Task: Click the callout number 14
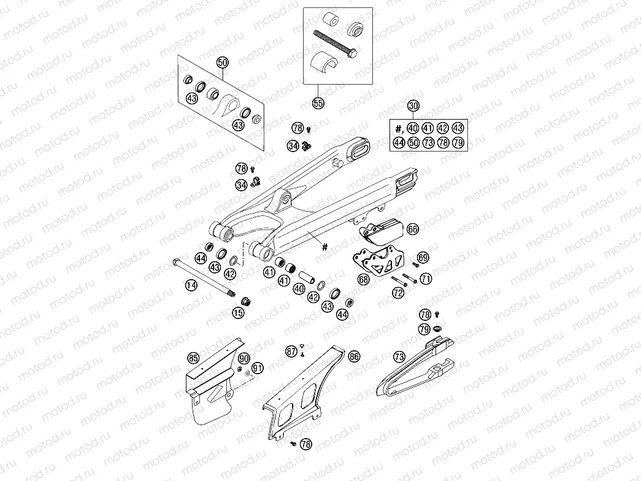click(192, 285)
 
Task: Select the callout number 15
click(238, 313)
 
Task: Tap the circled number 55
click(318, 103)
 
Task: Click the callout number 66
click(412, 229)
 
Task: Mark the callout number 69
click(423, 257)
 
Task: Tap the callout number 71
click(426, 279)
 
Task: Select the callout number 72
click(399, 294)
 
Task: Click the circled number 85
click(193, 357)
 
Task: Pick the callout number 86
click(354, 356)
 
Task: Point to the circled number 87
click(291, 351)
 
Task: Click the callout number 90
click(244, 358)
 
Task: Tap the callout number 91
click(258, 368)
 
